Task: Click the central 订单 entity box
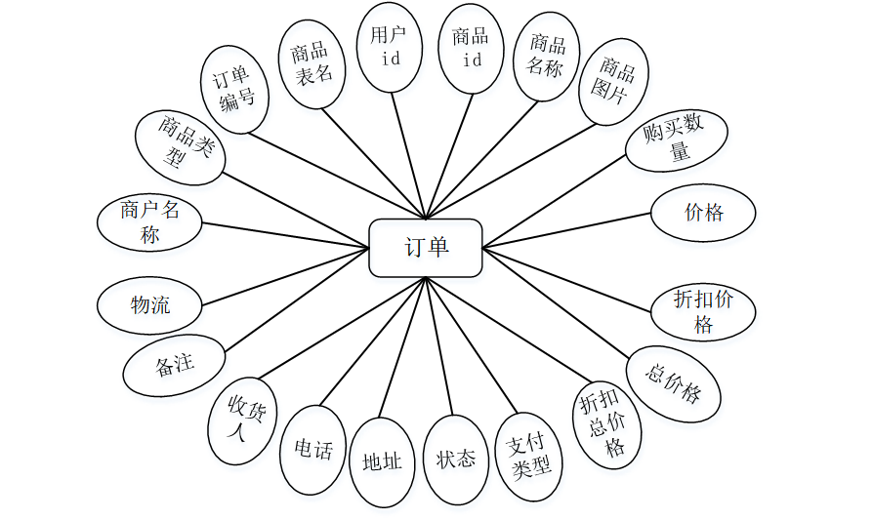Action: coord(426,248)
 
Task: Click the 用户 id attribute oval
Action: coord(391,47)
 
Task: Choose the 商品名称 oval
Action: coord(547,57)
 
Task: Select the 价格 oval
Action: coord(703,211)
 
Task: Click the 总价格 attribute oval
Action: coord(674,382)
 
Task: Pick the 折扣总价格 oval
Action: coord(605,425)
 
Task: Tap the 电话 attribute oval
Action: coord(313,450)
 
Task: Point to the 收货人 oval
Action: coord(242,422)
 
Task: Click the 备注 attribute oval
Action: coord(174,365)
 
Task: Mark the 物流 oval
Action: coord(149,305)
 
